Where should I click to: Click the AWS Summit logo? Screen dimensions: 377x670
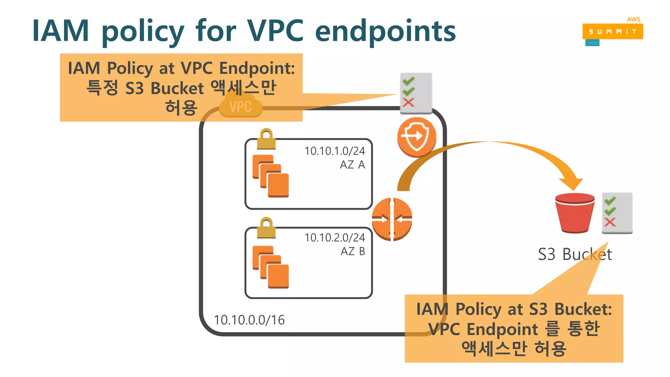pyautogui.click(x=612, y=31)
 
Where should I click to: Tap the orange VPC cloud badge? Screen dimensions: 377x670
pyautogui.click(x=241, y=106)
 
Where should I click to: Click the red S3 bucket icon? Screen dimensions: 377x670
pyautogui.click(x=575, y=213)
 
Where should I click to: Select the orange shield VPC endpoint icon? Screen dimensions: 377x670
pyautogui.click(x=416, y=137)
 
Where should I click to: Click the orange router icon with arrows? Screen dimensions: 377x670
pyautogui.click(x=392, y=219)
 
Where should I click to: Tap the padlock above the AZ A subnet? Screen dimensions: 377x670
pyautogui.click(x=266, y=139)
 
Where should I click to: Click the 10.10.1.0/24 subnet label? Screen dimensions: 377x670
pyautogui.click(x=334, y=151)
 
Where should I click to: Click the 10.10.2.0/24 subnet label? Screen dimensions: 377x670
pyautogui.click(x=334, y=238)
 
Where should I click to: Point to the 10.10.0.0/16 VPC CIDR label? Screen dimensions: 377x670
pyautogui.click(x=249, y=320)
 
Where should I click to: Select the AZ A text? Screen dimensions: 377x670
pyautogui.click(x=352, y=165)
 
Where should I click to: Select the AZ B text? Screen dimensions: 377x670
pyautogui.click(x=353, y=251)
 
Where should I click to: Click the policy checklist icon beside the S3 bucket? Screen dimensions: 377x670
pyautogui.click(x=617, y=213)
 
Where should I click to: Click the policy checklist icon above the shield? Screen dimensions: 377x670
pyautogui.click(x=416, y=93)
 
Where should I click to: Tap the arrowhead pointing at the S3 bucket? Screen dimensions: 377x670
pyautogui.click(x=571, y=183)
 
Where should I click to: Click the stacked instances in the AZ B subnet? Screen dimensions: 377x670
pyautogui.click(x=271, y=267)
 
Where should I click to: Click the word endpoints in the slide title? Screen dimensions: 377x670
pyautogui.click(x=385, y=31)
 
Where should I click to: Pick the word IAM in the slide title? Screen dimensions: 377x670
pyautogui.click(x=61, y=31)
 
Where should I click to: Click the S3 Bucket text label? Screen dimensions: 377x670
pyautogui.click(x=575, y=254)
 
